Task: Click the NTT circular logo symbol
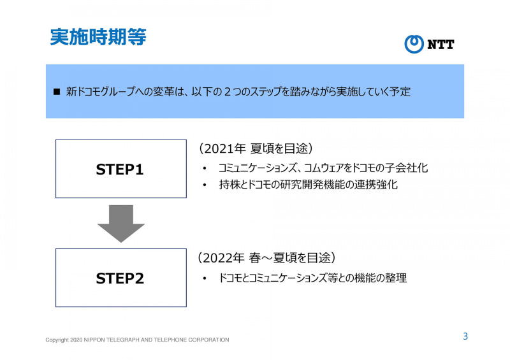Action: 414,44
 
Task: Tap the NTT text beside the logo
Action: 441,45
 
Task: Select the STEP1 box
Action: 120,169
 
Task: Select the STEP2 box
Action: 120,278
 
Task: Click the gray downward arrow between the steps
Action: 120,223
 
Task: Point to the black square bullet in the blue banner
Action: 56,92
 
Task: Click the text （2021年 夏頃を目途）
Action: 254,148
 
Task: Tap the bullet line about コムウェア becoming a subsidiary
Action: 322,168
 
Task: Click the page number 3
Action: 465,336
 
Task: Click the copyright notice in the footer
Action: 137,340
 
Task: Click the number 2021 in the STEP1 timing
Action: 218,149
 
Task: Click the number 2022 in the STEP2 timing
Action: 218,258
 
